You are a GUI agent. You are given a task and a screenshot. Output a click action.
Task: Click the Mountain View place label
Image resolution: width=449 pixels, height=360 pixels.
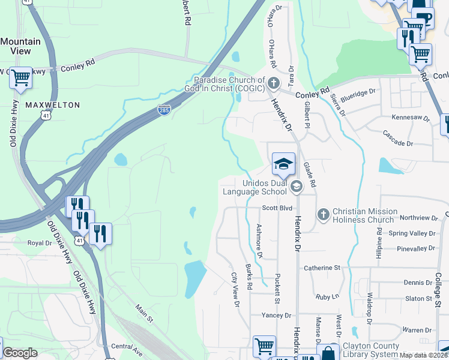coord(20,46)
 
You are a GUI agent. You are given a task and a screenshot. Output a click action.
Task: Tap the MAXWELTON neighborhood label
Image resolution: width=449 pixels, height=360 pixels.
coord(53,105)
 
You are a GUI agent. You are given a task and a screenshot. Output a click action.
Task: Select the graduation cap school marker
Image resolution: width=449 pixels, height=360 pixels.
coord(284,163)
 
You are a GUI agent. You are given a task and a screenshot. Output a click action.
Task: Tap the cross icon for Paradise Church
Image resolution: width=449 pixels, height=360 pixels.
coord(274,83)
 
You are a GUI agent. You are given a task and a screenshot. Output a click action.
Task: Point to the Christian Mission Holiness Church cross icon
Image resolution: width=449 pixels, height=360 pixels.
coord(323,214)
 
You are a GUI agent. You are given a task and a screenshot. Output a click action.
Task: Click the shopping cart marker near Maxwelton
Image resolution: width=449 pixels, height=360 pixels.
coord(21,77)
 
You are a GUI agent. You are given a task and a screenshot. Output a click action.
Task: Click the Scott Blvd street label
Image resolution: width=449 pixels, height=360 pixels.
coord(277,208)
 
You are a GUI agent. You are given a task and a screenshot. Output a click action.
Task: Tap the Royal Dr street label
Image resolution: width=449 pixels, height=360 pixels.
coord(40,243)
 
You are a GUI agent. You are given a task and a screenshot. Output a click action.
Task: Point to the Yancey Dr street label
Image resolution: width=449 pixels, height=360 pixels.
coord(276,316)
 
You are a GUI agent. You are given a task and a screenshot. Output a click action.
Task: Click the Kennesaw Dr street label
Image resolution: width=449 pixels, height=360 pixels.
coord(411,118)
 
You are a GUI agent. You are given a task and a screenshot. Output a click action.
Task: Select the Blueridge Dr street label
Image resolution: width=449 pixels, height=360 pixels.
coord(358,92)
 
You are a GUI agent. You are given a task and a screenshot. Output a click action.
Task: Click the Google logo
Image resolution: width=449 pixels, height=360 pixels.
coord(20,353)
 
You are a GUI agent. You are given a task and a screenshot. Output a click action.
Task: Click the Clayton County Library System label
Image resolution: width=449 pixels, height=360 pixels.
coord(370,350)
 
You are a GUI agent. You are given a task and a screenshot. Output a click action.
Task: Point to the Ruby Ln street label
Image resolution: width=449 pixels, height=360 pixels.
coord(327,296)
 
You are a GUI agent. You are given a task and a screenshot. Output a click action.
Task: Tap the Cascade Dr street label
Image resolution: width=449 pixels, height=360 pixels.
coord(398,144)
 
